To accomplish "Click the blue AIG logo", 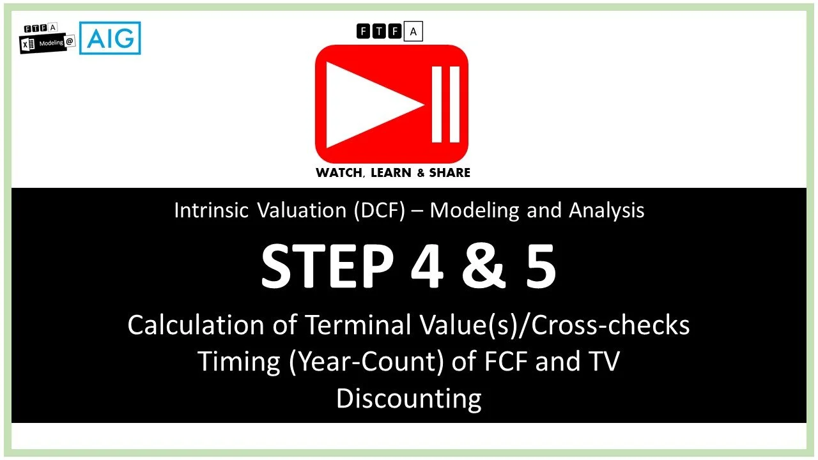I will [x=110, y=38].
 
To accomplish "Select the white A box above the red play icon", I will [x=413, y=31].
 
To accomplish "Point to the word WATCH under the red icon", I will [x=338, y=172].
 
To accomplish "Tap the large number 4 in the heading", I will [x=426, y=268].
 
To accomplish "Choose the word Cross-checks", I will [x=610, y=325].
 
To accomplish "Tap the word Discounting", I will [x=408, y=399].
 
